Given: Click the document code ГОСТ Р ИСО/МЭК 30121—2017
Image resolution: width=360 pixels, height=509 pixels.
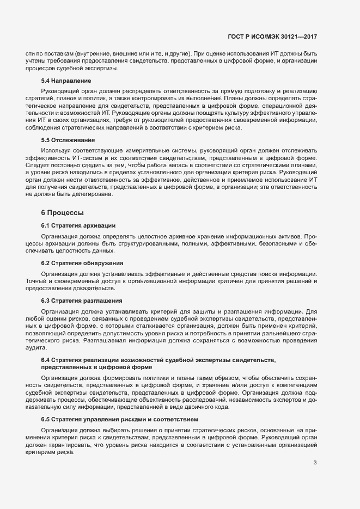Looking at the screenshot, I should pyautogui.click(x=272, y=37).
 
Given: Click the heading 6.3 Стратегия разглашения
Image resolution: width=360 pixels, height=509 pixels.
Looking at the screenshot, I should pyautogui.click(x=81, y=301).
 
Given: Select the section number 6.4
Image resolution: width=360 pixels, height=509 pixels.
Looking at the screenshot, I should pyautogui.click(x=47, y=360).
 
